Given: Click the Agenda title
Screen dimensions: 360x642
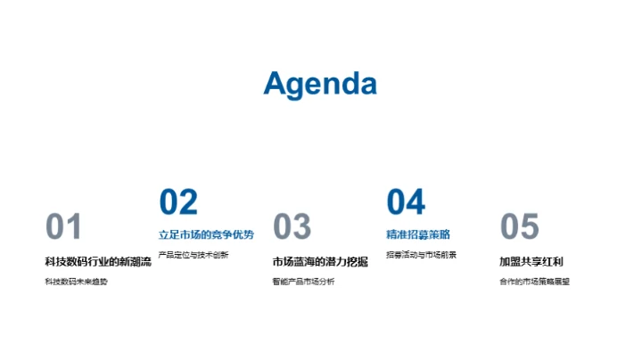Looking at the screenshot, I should [x=320, y=83].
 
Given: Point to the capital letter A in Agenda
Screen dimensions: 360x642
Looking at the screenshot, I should [x=276, y=83].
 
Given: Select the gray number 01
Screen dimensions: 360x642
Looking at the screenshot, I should [x=63, y=227].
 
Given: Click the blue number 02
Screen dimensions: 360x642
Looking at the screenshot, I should [x=177, y=202].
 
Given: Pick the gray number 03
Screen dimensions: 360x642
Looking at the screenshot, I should [x=292, y=227].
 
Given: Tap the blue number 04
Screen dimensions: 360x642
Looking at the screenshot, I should [x=406, y=202].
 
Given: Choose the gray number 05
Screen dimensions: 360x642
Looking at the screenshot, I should [x=520, y=227].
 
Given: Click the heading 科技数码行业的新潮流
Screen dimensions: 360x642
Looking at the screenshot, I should [x=98, y=262].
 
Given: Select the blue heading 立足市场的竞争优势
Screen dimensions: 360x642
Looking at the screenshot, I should [x=206, y=235].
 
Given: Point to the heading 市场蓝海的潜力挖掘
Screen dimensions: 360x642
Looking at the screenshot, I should [x=320, y=262].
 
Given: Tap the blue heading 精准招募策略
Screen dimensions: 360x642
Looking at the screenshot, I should [x=418, y=235].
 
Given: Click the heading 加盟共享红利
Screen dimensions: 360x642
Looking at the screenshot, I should [x=531, y=262].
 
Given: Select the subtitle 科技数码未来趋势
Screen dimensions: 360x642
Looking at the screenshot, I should [x=76, y=282].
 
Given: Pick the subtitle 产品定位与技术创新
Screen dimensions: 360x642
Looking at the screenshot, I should [x=193, y=255].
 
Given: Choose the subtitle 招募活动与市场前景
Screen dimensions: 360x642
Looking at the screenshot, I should [x=421, y=255].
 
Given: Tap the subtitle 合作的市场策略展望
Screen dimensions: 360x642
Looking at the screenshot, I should [x=534, y=282].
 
